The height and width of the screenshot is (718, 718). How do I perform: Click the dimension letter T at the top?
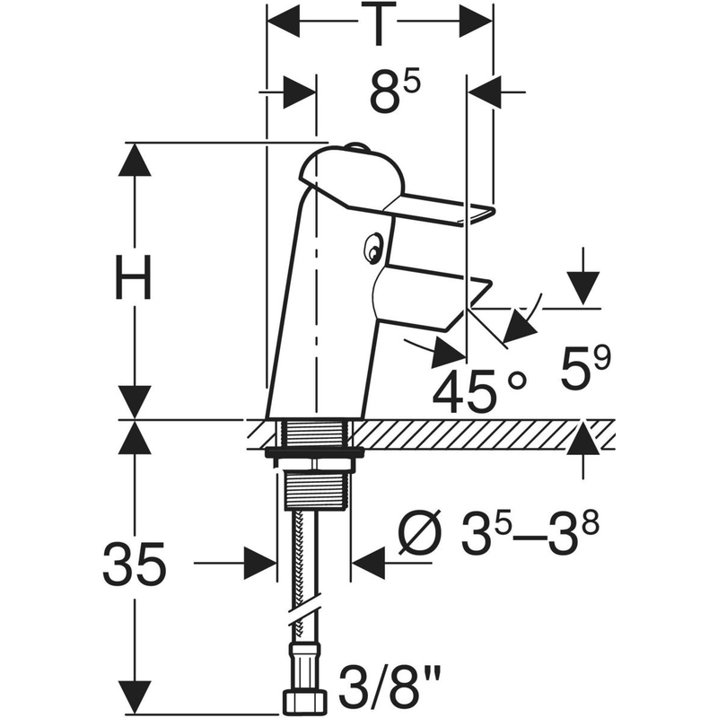[378, 23]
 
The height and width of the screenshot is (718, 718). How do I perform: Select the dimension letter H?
[133, 277]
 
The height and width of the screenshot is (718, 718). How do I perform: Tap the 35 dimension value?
[135, 564]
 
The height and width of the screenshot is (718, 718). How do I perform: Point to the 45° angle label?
[479, 390]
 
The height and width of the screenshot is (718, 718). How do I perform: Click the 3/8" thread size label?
[390, 687]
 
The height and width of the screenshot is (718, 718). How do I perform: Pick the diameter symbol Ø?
[421, 532]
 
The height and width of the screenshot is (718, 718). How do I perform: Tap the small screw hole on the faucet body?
[373, 248]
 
